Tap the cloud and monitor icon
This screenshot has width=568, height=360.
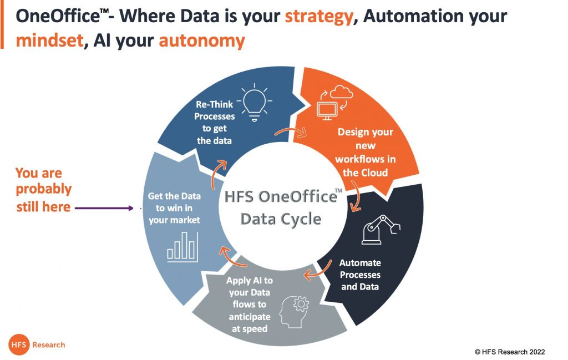pyautogui.click(x=334, y=103)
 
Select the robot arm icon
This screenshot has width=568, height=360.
pyautogui.click(x=381, y=229)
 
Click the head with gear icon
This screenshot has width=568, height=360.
pyautogui.click(x=295, y=312)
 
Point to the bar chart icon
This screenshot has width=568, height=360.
pyautogui.click(x=182, y=247)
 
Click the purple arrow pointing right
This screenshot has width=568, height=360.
pyautogui.click(x=104, y=208)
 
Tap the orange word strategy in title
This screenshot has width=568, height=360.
pyautogui.click(x=319, y=17)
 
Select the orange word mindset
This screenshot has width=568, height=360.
pyautogui.click(x=49, y=40)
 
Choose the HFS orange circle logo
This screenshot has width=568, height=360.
pyautogui.click(x=19, y=344)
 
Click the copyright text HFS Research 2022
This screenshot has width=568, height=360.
pyautogui.click(x=510, y=352)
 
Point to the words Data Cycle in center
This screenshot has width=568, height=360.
pyautogui.click(x=281, y=219)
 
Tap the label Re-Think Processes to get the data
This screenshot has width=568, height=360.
pyautogui.click(x=215, y=123)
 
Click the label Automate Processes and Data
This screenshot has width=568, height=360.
pyautogui.click(x=360, y=275)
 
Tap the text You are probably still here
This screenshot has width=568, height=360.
pyautogui.click(x=43, y=189)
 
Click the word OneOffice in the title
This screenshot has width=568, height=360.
pyautogui.click(x=58, y=17)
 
